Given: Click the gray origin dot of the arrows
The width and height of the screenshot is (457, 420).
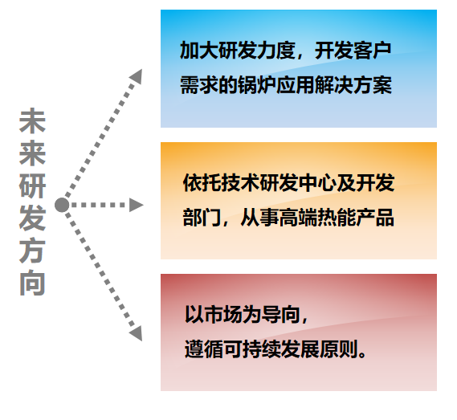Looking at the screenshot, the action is point(62,205).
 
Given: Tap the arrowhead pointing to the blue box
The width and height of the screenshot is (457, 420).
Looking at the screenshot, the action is point(137,76).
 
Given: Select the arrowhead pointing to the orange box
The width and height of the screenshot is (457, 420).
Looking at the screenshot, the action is point(136,205).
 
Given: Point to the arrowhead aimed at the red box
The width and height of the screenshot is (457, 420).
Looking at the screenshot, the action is point(137,334).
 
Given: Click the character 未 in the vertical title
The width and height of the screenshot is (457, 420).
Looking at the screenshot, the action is point(32,121).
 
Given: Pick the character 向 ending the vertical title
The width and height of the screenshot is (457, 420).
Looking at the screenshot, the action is point(32,283).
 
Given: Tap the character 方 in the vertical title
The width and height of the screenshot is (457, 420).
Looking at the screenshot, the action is point(32,251).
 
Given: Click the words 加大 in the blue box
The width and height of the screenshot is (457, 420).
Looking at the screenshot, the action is point(198,51).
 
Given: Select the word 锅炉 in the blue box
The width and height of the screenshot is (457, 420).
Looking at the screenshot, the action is point(257,85).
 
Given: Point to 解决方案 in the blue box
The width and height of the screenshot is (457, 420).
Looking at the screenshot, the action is point(353,85).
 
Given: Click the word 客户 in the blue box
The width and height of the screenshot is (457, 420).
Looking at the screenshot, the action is point(372,51).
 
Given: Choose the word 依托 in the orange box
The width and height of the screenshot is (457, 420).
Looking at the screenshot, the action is point(202,183).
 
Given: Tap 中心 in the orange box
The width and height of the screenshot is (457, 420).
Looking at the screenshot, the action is point(318,183).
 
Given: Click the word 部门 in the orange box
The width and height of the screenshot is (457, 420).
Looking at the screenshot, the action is point(202,218).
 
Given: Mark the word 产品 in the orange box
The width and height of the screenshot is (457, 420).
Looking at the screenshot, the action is point(375,218).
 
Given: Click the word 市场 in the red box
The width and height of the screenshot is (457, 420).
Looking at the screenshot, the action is point(223,315).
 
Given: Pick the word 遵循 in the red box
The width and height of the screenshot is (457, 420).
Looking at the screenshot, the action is point(204,349).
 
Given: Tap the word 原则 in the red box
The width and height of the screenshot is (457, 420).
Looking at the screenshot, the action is point(339,349).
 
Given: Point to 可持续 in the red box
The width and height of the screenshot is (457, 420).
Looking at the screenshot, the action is point(252,349).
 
